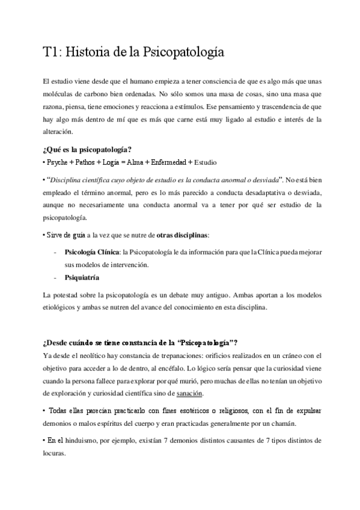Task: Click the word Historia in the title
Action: (x=87, y=53)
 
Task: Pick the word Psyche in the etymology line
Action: (x=55, y=162)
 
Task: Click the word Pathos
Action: (x=83, y=162)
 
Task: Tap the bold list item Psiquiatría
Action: (x=82, y=278)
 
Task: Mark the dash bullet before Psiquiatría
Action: (x=55, y=278)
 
